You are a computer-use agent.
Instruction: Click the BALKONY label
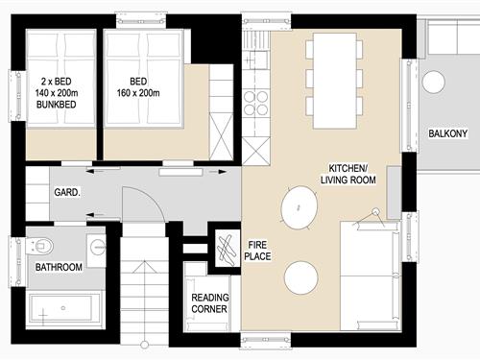(448, 133)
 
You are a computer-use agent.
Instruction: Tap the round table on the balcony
(433, 83)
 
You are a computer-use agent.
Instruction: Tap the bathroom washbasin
(97, 241)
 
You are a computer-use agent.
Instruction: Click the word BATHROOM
(59, 267)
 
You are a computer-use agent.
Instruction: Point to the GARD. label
(66, 192)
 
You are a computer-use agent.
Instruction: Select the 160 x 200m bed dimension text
(139, 94)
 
